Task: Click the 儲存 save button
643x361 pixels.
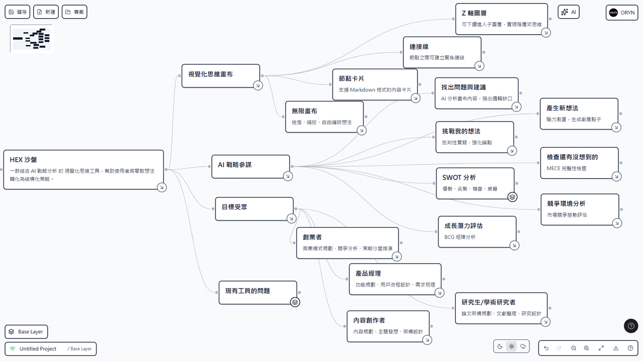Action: pyautogui.click(x=18, y=12)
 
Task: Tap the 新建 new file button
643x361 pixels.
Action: pyautogui.click(x=46, y=12)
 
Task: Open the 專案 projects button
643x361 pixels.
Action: pyautogui.click(x=74, y=12)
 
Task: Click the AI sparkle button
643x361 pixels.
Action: pyautogui.click(x=568, y=12)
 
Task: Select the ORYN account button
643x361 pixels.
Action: pyautogui.click(x=622, y=13)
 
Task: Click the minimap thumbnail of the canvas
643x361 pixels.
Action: pyautogui.click(x=32, y=39)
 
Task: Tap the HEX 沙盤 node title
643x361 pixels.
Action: pyautogui.click(x=23, y=160)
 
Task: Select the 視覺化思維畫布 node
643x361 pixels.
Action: pyautogui.click(x=221, y=76)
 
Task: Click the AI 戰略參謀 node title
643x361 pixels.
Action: pyautogui.click(x=235, y=165)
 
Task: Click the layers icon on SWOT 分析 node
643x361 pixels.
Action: pyautogui.click(x=512, y=197)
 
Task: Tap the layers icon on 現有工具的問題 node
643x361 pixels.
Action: pyautogui.click(x=295, y=302)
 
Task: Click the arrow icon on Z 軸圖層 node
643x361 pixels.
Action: pyautogui.click(x=546, y=33)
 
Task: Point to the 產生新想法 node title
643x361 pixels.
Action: pyautogui.click(x=562, y=108)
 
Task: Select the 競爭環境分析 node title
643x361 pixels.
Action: pyautogui.click(x=566, y=204)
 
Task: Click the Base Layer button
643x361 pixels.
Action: pyautogui.click(x=26, y=332)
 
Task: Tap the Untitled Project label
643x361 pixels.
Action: pyautogui.click(x=38, y=348)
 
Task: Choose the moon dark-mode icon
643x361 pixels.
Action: pyautogui.click(x=500, y=346)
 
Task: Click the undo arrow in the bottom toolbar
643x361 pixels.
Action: pyautogui.click(x=546, y=348)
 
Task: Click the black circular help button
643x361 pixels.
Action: pyautogui.click(x=631, y=326)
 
